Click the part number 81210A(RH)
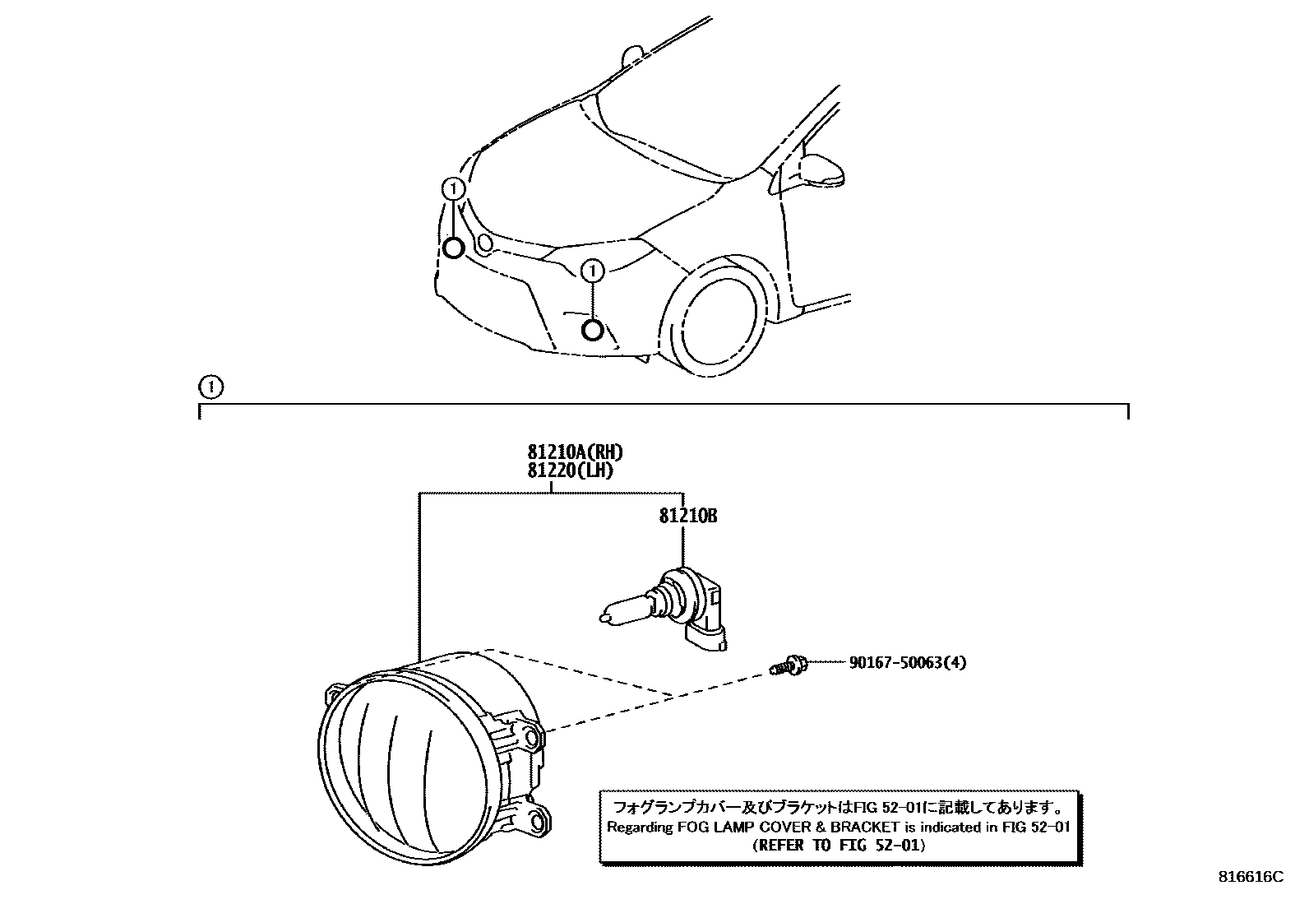(x=575, y=452)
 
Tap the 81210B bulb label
(x=687, y=516)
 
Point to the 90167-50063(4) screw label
(x=907, y=662)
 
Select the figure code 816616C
(x=1250, y=877)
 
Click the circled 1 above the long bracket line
(x=210, y=385)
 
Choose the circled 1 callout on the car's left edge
(x=453, y=189)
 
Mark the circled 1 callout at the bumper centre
(x=593, y=269)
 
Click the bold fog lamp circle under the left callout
(x=453, y=248)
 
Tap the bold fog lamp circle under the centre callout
(x=592, y=331)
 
